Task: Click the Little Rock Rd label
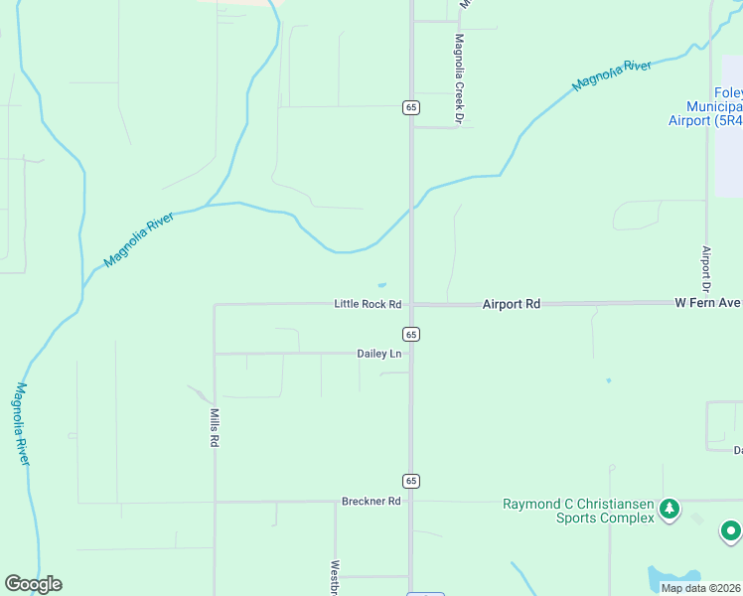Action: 368,304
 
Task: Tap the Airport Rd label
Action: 511,304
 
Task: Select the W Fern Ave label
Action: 708,302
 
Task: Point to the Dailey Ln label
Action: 379,354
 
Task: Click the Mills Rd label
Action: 214,426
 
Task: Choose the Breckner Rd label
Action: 371,502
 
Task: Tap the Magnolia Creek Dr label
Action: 460,78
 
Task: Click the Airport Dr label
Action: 706,268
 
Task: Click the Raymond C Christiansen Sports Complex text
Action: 577,511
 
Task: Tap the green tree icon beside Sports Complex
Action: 669,510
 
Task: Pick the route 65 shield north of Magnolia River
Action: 410,107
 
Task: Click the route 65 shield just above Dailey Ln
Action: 411,334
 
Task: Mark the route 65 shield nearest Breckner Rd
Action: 411,481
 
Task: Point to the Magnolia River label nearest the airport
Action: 612,75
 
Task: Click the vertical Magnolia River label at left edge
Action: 21,424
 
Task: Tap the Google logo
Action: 33,584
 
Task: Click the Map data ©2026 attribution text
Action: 699,588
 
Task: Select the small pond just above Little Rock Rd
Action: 382,286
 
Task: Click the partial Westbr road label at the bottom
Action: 336,579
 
